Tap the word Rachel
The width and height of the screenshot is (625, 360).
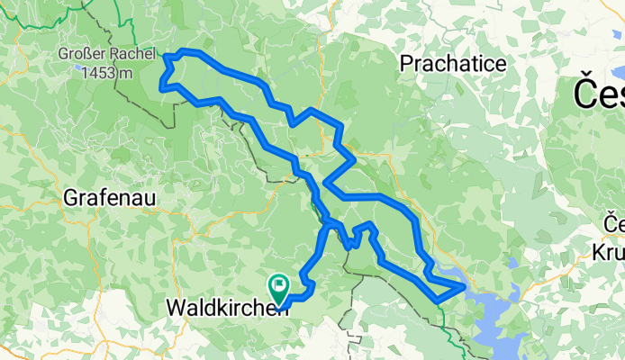(x=134, y=54)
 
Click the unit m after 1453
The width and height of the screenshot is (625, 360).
(x=120, y=72)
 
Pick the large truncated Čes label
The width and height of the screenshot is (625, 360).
(x=600, y=92)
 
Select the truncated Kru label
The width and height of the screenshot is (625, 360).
(x=613, y=252)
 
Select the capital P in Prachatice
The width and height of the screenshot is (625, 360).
(x=405, y=64)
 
